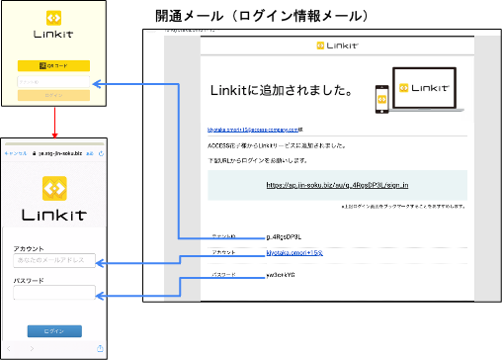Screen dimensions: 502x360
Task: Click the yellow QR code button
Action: coord(53,66)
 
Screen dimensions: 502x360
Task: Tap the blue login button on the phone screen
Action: coord(55,330)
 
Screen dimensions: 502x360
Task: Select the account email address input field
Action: coord(55,260)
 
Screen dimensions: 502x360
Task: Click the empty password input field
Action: coord(55,292)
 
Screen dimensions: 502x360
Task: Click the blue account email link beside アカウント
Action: coord(294,254)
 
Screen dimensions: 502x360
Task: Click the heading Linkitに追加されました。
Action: coord(282,91)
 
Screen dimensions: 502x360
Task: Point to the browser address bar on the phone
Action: coord(55,154)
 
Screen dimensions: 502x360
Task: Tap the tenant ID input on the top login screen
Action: coord(53,82)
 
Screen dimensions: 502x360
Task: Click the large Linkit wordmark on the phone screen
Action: coord(54,214)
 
